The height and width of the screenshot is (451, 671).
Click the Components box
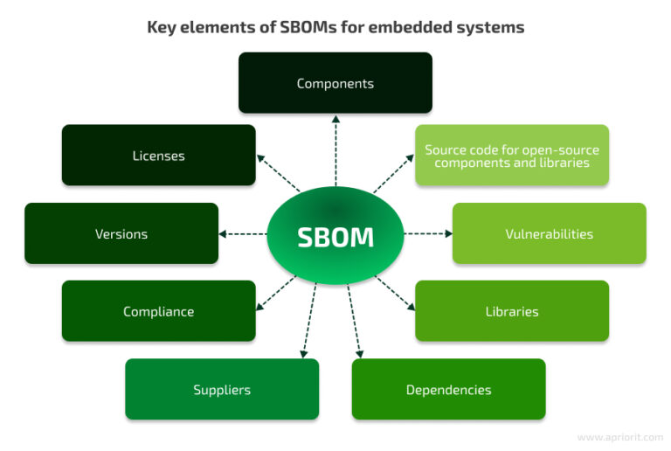[335, 83]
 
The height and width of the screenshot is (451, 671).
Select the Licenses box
[158, 156]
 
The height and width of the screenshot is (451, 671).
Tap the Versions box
[121, 233]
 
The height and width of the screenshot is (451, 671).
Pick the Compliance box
[158, 311]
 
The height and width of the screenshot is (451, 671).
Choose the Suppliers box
[221, 389]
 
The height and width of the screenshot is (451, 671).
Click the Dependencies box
[448, 389]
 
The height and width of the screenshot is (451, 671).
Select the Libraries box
[511, 311]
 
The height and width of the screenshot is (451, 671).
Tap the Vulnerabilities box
[549, 233]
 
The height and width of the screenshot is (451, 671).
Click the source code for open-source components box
[511, 156]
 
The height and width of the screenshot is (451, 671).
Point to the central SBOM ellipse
[335, 236]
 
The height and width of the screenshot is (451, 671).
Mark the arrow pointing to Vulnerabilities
[427, 234]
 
